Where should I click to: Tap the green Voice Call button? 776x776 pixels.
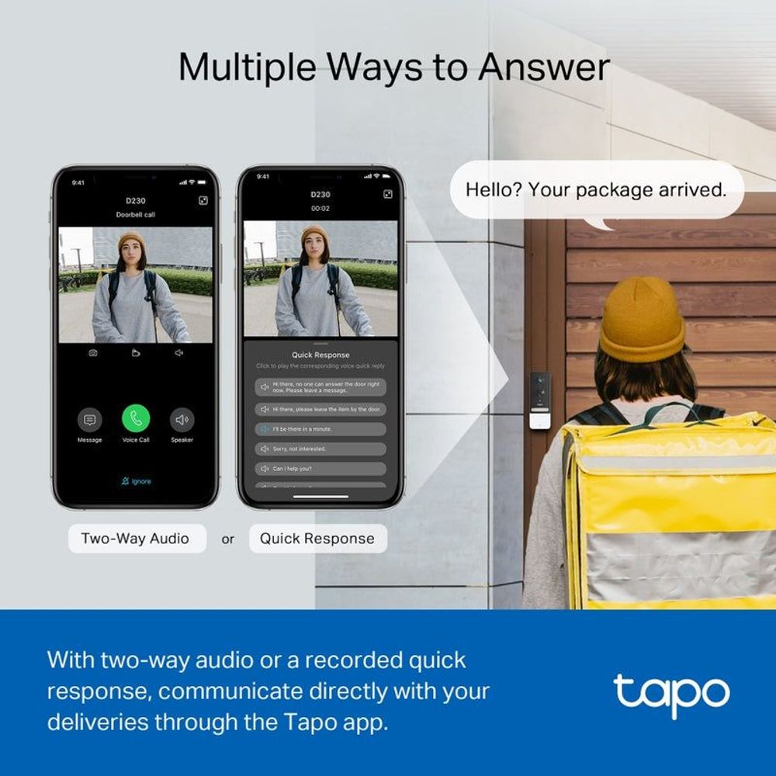(136, 419)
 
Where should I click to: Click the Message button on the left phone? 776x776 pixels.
(89, 421)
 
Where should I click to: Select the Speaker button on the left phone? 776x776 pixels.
(182, 421)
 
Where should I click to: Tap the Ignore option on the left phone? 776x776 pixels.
(136, 481)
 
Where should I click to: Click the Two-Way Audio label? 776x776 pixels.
(136, 539)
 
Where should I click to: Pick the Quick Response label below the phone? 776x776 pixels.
(317, 539)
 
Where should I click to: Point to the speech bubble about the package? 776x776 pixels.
(596, 189)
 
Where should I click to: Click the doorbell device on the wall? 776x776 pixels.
(540, 400)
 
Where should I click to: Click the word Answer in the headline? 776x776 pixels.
(543, 68)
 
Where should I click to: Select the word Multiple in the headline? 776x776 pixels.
(248, 68)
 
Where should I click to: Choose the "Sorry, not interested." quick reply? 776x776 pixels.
(320, 449)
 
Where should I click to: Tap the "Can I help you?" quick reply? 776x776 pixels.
(320, 469)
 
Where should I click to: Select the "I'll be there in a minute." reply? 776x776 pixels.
(320, 428)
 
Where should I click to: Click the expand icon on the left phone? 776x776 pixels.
(203, 200)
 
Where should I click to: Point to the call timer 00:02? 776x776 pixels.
(320, 209)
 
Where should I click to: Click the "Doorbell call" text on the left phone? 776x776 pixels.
(136, 214)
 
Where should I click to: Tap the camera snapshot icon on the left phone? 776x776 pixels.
(93, 353)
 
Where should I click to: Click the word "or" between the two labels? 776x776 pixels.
(227, 539)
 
